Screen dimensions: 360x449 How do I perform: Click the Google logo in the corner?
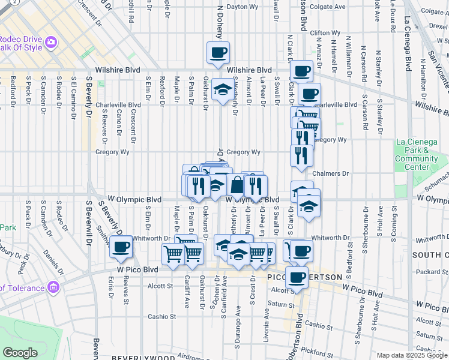click(20, 353)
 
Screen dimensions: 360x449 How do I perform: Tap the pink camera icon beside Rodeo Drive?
click(51, 42)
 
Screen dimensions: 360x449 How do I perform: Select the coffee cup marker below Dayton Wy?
click(218, 52)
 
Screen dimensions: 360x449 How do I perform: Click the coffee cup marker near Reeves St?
click(121, 247)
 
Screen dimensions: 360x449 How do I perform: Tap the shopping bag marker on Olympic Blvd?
click(237, 185)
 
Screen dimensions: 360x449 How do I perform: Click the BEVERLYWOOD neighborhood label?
click(137, 356)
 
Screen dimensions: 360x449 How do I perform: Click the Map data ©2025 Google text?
click(411, 355)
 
